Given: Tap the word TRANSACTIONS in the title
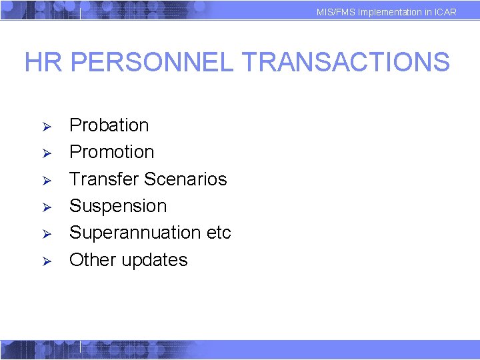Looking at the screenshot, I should (x=345, y=63).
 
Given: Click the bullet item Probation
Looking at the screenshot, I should (x=109, y=125).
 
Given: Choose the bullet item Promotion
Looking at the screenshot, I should (x=112, y=152).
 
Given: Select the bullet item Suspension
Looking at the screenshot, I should (x=118, y=206).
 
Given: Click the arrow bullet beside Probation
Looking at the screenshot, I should (x=47, y=127).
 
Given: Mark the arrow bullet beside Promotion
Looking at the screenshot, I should (x=47, y=153).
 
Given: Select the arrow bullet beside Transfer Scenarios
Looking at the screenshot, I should (x=47, y=181).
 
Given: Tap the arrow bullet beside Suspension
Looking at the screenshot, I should (x=47, y=207).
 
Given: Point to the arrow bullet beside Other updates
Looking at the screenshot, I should (x=47, y=261).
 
